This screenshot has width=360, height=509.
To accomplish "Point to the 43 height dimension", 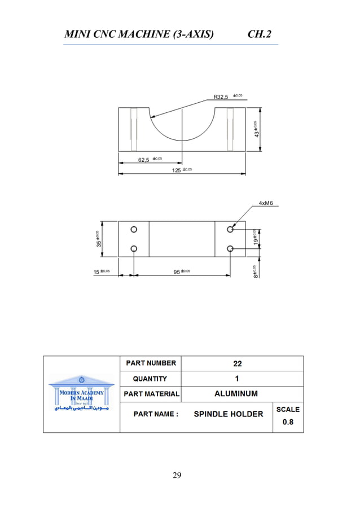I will (257, 130).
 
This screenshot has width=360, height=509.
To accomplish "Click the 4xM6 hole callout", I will (266, 203).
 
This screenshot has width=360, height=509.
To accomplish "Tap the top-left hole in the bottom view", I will (134, 230).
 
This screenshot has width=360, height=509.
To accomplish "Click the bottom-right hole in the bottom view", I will (230, 249).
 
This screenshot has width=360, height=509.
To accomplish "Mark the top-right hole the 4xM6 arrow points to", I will (230, 230).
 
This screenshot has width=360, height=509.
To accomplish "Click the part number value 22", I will (237, 363).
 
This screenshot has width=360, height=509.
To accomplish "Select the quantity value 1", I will (237, 379).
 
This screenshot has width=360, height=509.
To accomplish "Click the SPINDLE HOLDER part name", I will (229, 414).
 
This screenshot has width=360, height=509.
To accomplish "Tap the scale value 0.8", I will (288, 422).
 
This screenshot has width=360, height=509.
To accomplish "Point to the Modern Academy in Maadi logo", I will (81, 393).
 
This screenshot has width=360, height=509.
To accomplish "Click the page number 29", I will (177, 475).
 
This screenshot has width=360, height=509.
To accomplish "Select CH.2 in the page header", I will (260, 35).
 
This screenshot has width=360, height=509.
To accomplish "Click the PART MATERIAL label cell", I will (151, 394).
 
